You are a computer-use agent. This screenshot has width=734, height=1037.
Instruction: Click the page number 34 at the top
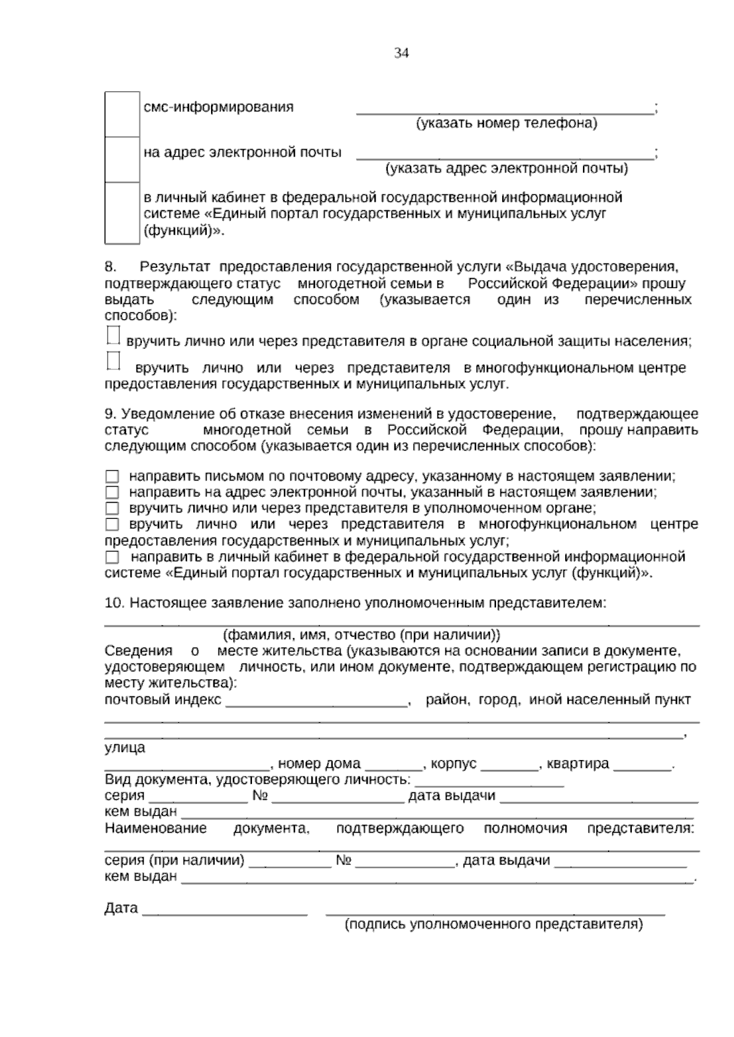(401, 53)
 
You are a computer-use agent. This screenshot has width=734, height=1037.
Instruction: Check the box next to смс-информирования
(122, 114)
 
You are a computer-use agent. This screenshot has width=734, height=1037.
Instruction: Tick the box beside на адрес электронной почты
(122, 159)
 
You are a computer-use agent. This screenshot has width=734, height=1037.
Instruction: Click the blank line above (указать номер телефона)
(505, 109)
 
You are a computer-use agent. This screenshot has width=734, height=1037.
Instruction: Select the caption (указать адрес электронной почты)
(506, 168)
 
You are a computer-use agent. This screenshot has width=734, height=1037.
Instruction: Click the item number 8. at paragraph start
(111, 267)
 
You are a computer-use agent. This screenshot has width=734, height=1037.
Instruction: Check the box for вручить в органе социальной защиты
(113, 336)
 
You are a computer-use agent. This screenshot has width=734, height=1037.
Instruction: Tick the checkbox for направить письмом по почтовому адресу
(112, 476)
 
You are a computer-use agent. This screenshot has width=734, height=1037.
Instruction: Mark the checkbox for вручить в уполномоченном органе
(112, 508)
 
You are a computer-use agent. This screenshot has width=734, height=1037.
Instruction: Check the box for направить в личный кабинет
(112, 557)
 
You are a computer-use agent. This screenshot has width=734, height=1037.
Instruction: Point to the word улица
(125, 747)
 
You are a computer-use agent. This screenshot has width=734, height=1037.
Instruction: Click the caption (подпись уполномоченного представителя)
(494, 924)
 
